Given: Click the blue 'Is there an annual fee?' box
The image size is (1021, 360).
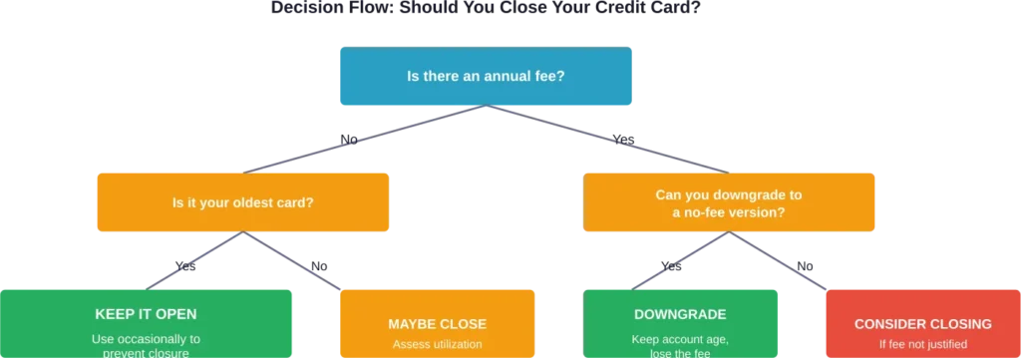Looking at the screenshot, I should [x=487, y=75].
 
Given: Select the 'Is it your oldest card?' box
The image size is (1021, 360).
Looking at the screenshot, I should [x=242, y=203].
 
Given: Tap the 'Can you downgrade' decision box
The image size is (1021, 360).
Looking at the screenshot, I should [x=729, y=203].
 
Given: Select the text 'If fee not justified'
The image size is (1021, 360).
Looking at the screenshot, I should [x=922, y=345].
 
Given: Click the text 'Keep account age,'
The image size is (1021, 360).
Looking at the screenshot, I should [x=680, y=338].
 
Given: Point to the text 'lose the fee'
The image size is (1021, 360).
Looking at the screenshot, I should [x=680, y=353].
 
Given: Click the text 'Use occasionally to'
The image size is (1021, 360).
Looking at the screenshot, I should [x=147, y=338].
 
